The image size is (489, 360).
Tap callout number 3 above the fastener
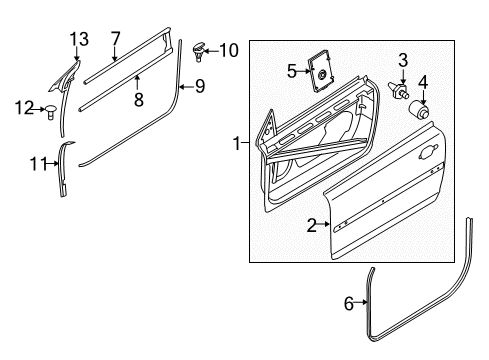[x=403, y=60]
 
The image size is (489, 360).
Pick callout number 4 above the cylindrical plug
[x=423, y=82]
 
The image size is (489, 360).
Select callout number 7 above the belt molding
[x=115, y=39]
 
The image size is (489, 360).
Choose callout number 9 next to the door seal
[x=199, y=87]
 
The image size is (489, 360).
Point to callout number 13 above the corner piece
[x=79, y=40]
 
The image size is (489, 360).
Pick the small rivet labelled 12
[x=51, y=111]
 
